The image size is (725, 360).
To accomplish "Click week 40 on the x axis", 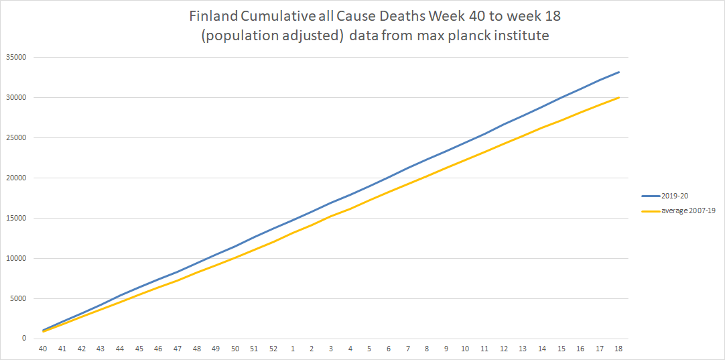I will pyautogui.click(x=43, y=349).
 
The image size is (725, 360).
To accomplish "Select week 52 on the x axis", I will pyautogui.click(x=273, y=349).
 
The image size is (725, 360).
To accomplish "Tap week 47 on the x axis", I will pyautogui.click(x=178, y=349).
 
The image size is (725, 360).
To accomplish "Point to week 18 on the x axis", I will pyautogui.click(x=619, y=349).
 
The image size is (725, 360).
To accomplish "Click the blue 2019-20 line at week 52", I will pyautogui.click(x=273, y=228).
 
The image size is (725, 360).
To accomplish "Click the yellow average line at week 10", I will pyautogui.click(x=465, y=160).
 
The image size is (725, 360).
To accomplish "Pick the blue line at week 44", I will pyautogui.click(x=120, y=295).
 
